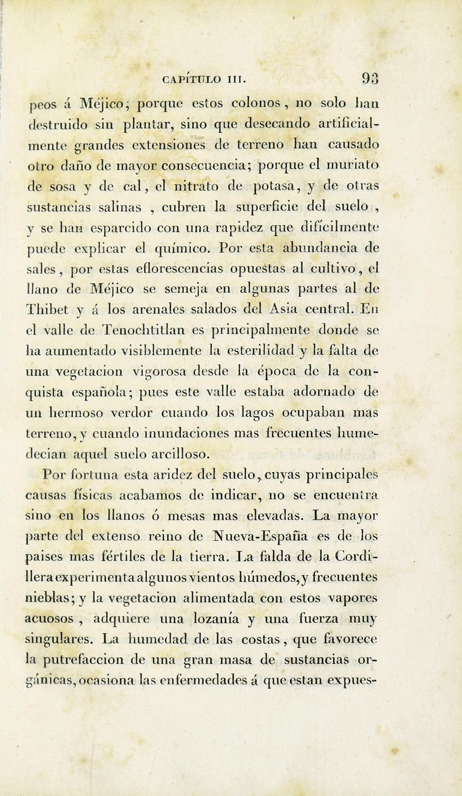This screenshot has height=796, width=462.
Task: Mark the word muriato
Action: pos(352,165)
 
